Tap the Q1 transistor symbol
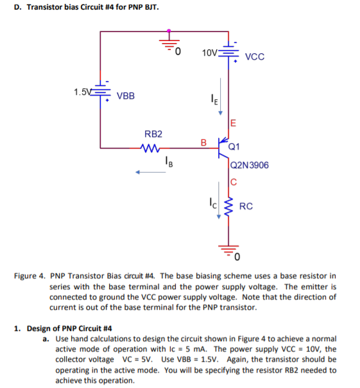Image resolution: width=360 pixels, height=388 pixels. pyautogui.click(x=222, y=147)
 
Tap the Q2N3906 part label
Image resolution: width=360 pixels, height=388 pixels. pyautogui.click(x=250, y=165)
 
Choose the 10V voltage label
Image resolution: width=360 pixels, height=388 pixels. pyautogui.click(x=209, y=51)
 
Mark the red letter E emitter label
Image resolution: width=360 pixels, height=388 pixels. pyautogui.click(x=233, y=123)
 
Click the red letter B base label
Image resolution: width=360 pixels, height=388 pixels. pyautogui.click(x=203, y=142)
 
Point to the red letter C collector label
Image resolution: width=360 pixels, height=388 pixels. pyautogui.click(x=234, y=181)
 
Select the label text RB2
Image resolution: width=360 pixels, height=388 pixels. pyautogui.click(x=153, y=135)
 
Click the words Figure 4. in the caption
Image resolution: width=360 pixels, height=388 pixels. pyautogui.click(x=29, y=276)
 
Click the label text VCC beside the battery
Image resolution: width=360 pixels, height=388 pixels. pyautogui.click(x=255, y=56)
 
